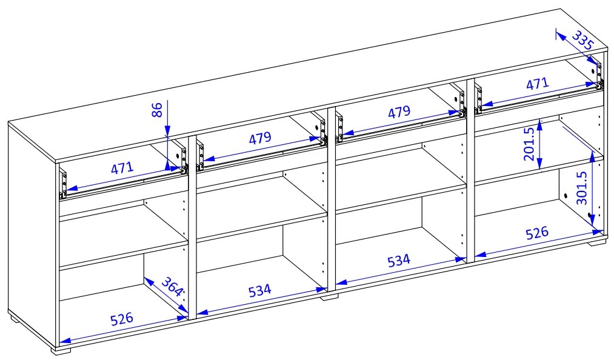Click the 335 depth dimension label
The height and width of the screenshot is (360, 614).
(x=583, y=39)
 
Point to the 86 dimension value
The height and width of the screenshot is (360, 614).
(x=157, y=110)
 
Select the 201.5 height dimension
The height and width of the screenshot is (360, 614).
(x=529, y=144)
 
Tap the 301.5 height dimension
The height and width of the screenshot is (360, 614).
(x=582, y=188)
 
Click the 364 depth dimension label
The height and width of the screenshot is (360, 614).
(x=172, y=286)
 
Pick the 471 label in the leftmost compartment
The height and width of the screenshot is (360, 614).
(x=122, y=168)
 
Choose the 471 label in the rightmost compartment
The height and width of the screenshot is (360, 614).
(x=537, y=84)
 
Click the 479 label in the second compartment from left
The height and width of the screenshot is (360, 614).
(x=260, y=138)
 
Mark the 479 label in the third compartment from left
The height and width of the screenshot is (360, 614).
(x=399, y=112)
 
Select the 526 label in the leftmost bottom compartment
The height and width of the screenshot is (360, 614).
(x=122, y=318)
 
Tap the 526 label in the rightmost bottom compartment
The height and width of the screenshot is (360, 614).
(x=537, y=233)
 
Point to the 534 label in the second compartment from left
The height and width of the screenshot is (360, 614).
(x=259, y=290)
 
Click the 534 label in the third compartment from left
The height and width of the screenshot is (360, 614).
(x=399, y=260)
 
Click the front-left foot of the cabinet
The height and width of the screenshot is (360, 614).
(x=61, y=351)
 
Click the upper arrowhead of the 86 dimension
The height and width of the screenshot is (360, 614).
(x=167, y=132)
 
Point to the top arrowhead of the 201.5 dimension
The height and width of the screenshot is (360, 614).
(x=540, y=125)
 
